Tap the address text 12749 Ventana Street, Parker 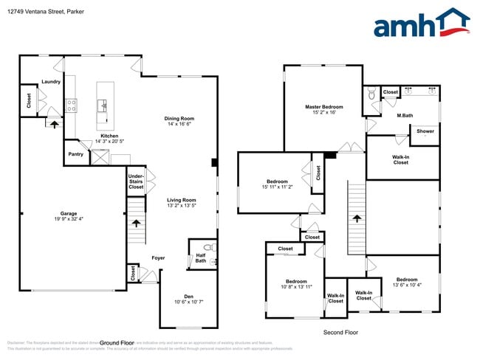coord(42,11)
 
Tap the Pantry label coord(75,154)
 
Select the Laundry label coord(51,82)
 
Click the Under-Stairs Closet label coord(136,182)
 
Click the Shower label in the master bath coord(425,131)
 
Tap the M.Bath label coord(404,115)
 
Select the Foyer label coord(158,258)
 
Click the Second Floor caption coord(340,333)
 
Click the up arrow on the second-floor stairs coord(357,218)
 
